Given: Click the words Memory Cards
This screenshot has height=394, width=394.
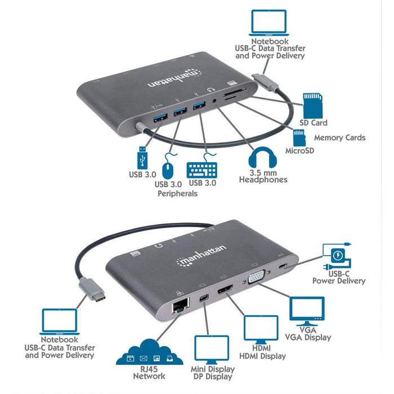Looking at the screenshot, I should click(339, 137).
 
